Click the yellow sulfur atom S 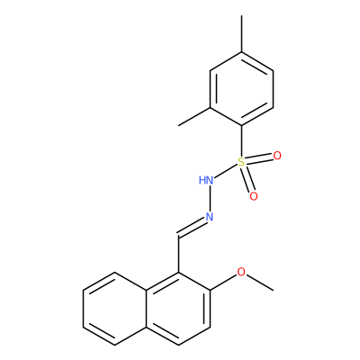pyautogui.click(x=241, y=162)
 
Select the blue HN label pyautogui.click(x=206, y=180)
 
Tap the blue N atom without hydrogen pyautogui.click(x=210, y=217)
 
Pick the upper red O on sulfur pyautogui.click(x=277, y=156)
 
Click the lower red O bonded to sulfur pyautogui.click(x=254, y=196)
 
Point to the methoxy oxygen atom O pyautogui.click(x=241, y=272)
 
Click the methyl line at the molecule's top pyautogui.click(x=241, y=34)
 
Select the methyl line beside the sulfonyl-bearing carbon pyautogui.click(x=194, y=116)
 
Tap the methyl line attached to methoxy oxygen pyautogui.click(x=260, y=283)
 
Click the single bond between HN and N pyautogui.click(x=210, y=199)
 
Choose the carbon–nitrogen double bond pyautogui.click(x=192, y=229)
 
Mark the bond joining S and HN pyautogui.click(x=226, y=171)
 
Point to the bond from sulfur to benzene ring pyautogui.click(x=241, y=141)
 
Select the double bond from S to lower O pyautogui.click(x=247, y=179)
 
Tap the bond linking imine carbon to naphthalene pyautogui.click(x=179, y=255)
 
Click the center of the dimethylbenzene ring pyautogui.click(x=241, y=89)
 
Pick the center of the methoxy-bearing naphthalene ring pyautogui.click(x=178, y=309)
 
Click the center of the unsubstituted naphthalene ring pyautogui.click(x=115, y=309)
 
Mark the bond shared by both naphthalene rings pyautogui.click(x=147, y=309)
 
